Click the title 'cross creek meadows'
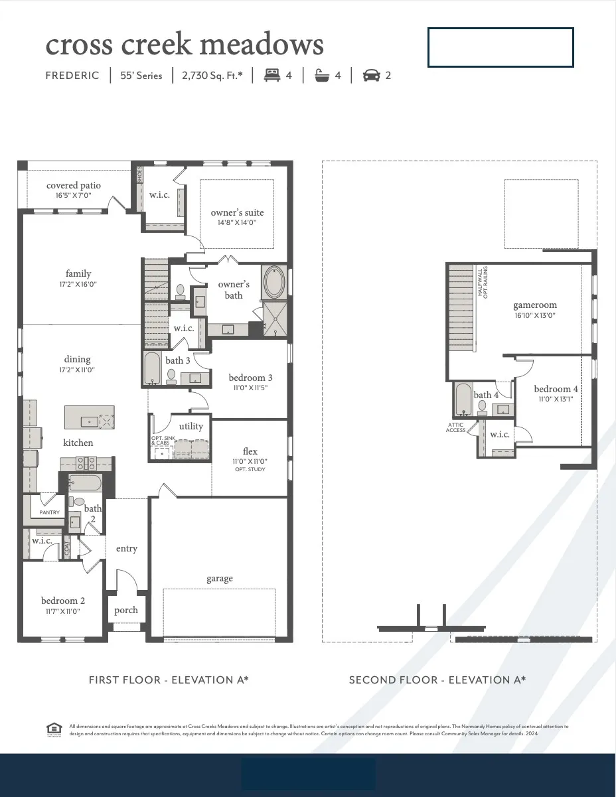[185, 44]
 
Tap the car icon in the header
[371, 76]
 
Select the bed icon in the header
[271, 76]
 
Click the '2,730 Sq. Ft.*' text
[212, 76]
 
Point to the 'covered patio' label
[74, 186]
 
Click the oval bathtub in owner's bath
[274, 282]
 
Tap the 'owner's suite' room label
[237, 213]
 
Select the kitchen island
[89, 417]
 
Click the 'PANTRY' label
[49, 512]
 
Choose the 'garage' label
[219, 579]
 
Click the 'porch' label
[126, 610]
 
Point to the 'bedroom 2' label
[63, 601]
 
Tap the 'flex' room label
[250, 452]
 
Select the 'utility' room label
[191, 426]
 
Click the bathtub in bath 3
[152, 369]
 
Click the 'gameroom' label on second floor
[535, 305]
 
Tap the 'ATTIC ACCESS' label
[455, 428]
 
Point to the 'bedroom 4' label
[556, 390]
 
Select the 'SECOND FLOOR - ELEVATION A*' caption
[437, 680]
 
